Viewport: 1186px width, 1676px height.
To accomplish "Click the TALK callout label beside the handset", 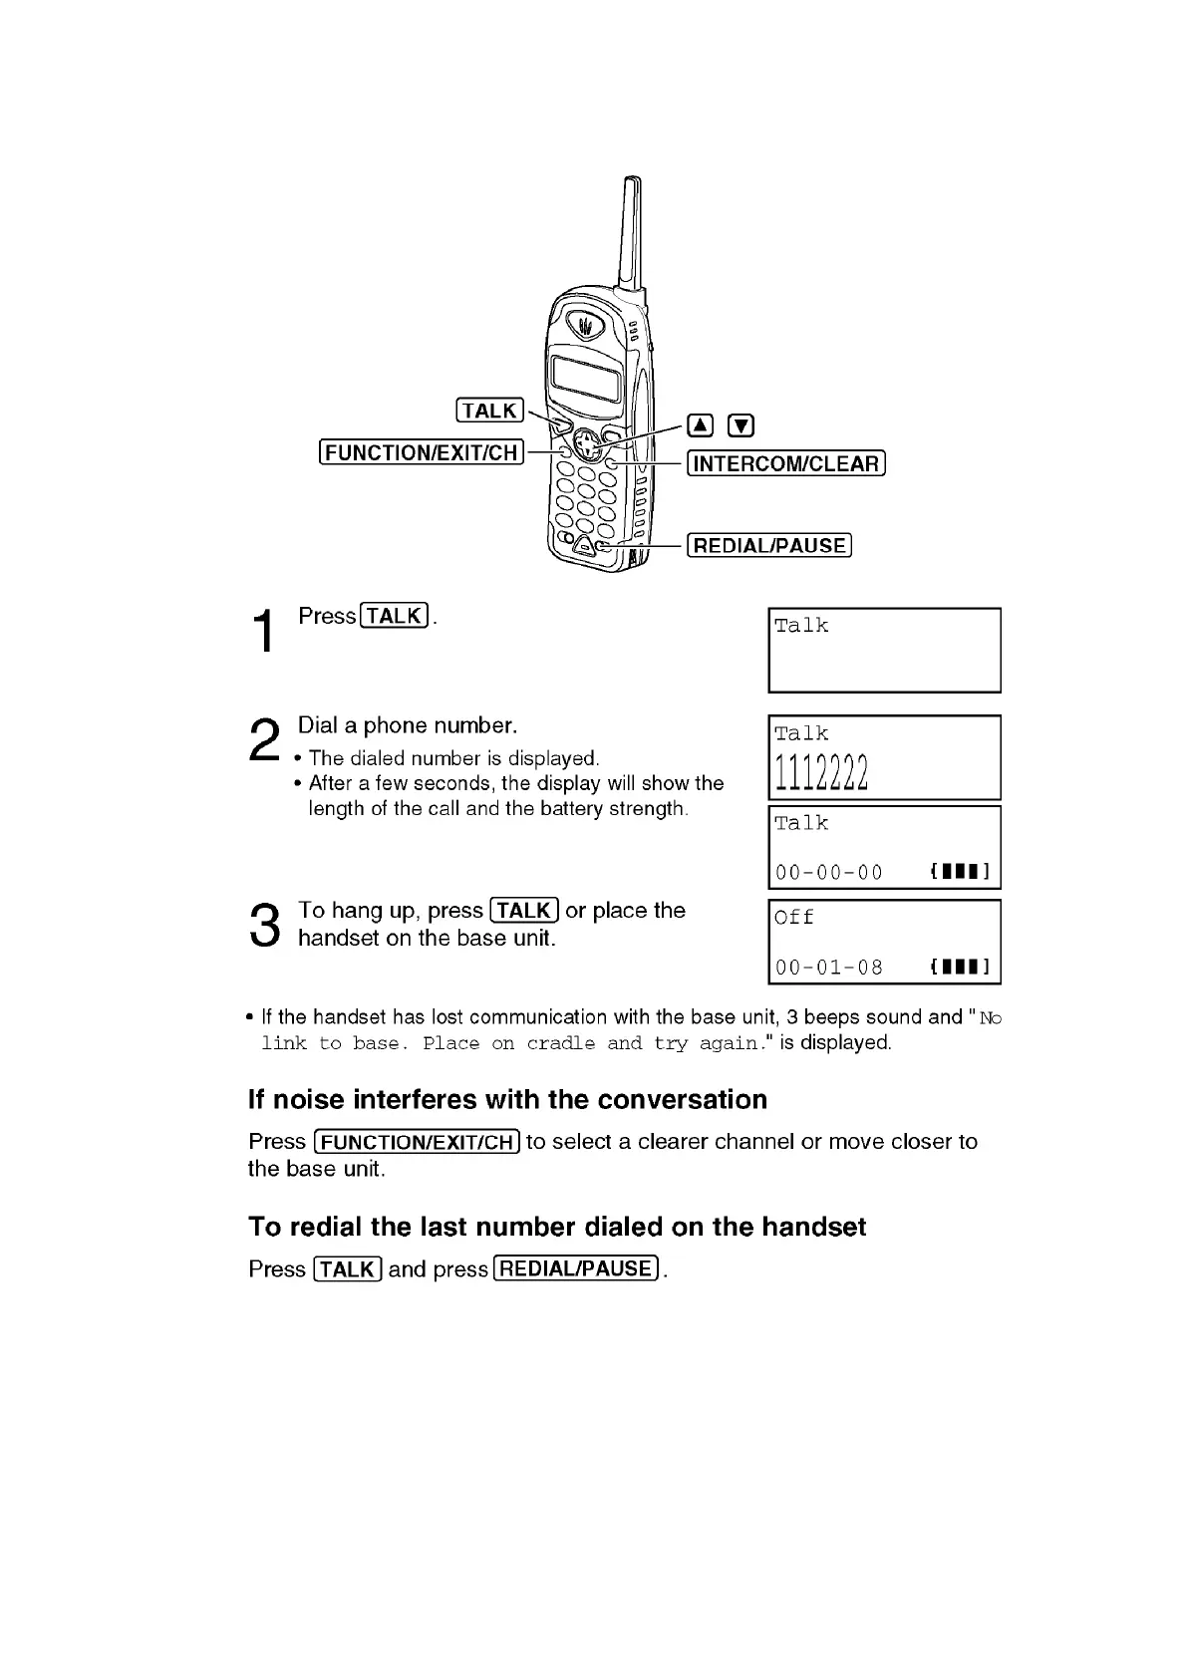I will [x=489, y=411].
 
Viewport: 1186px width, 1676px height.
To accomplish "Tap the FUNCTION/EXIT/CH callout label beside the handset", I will [x=422, y=452].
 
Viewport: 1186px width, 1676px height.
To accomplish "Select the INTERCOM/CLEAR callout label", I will [x=786, y=463].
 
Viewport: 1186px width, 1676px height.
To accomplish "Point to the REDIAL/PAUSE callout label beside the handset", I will [x=769, y=545].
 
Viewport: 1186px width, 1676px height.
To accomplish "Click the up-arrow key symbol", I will [x=702, y=426].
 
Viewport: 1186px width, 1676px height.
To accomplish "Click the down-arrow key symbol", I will [x=741, y=426].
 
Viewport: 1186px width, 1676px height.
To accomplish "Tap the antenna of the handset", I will [x=630, y=234].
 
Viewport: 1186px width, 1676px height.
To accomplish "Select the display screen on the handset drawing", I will [x=587, y=377].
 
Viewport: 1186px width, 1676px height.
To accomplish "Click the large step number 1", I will [x=264, y=631].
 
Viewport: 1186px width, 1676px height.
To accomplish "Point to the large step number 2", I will [x=264, y=741].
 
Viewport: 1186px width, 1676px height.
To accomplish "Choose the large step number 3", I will [x=264, y=925].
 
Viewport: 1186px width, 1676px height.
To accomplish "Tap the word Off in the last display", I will [x=794, y=917].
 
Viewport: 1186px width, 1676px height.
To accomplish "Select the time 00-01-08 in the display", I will [x=829, y=967].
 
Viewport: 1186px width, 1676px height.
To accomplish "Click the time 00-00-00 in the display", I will [x=829, y=873].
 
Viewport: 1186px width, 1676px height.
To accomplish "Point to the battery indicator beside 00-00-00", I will [x=959, y=873].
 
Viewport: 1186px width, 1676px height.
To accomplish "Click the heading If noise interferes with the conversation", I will [x=507, y=1099].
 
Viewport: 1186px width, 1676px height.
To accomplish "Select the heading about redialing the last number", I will [x=557, y=1226].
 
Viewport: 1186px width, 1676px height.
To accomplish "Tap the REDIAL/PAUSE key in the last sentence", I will [x=576, y=1268].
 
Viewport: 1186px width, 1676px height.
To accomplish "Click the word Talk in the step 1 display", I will [x=801, y=626].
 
